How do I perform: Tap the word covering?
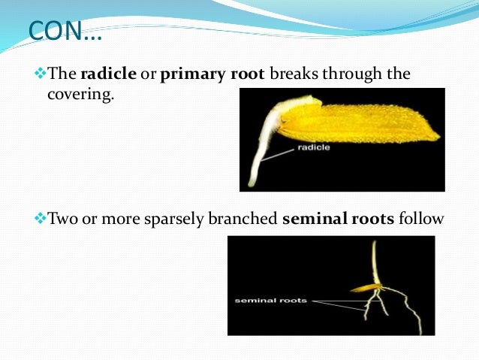point(79,96)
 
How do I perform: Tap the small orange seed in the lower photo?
point(366,288)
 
